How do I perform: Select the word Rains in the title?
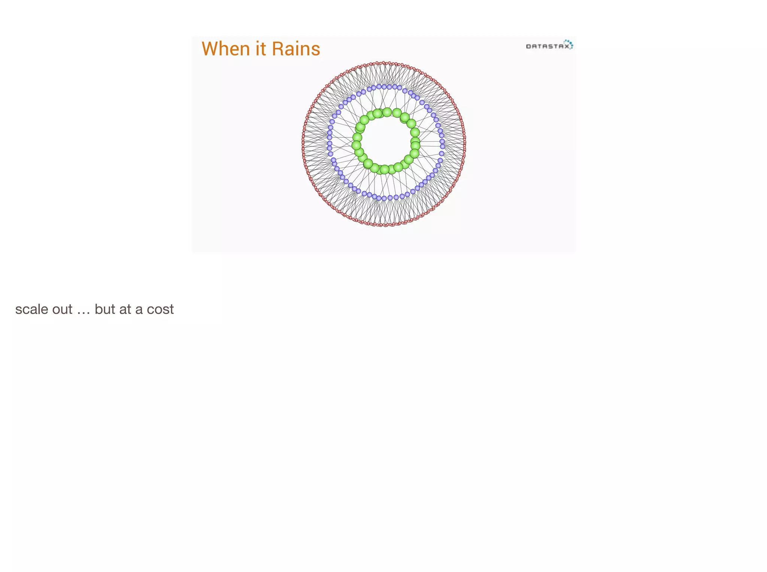(x=296, y=49)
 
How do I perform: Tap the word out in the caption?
(x=63, y=309)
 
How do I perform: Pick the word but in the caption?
(x=104, y=309)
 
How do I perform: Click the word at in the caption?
(x=125, y=310)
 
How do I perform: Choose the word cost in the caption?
(x=160, y=310)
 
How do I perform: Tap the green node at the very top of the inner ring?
(x=387, y=112)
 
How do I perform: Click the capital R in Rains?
(x=278, y=49)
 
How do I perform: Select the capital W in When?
(x=210, y=49)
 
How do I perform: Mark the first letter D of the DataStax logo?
(x=528, y=46)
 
